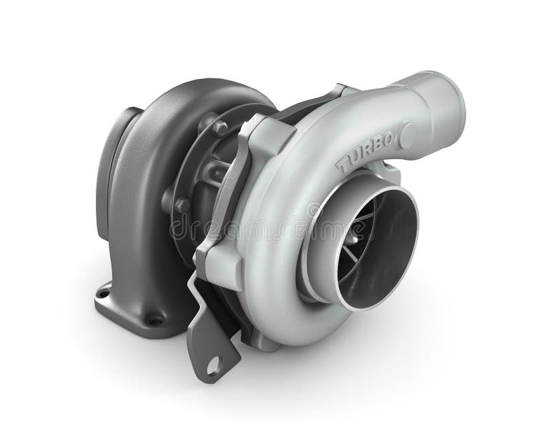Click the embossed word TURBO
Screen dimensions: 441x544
364,150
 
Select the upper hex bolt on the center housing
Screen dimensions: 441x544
220,127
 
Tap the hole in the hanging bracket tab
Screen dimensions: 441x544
214,365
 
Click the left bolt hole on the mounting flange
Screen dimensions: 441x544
103,293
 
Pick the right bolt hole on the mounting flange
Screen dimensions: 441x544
155,320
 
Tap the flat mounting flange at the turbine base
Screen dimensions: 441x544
129,310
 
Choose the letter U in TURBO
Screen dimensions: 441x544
352,157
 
